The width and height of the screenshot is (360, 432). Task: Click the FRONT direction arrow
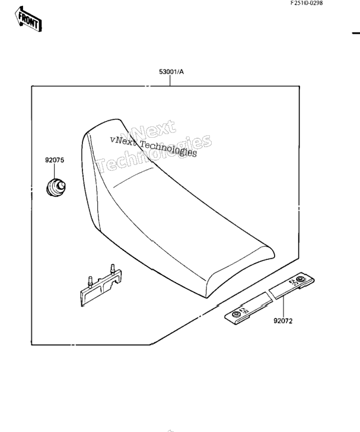click(x=28, y=19)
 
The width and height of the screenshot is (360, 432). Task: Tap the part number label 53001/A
click(x=171, y=72)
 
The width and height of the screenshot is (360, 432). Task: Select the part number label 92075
click(x=55, y=160)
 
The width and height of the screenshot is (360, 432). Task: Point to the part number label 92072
click(x=283, y=321)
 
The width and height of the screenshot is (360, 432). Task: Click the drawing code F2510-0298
click(x=306, y=3)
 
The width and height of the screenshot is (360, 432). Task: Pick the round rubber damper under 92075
click(x=56, y=188)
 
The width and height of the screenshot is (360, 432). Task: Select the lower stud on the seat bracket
click(x=90, y=281)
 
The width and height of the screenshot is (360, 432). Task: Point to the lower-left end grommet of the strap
click(x=236, y=315)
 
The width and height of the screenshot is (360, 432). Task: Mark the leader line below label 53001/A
click(x=170, y=81)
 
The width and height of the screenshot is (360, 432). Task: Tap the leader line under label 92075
click(x=55, y=171)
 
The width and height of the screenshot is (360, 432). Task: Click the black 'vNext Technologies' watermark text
click(x=154, y=147)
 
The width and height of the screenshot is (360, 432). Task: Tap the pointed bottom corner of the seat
click(x=207, y=297)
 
